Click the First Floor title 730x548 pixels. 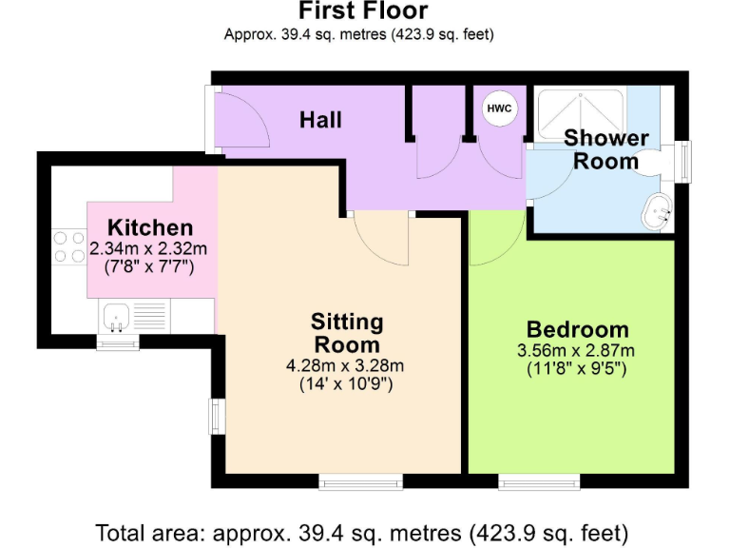363,11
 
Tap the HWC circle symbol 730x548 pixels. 499,108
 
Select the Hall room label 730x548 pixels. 320,120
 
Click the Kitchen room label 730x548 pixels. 150,228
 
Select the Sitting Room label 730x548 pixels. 347,333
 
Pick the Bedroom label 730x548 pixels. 577,330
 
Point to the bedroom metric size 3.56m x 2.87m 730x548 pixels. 577,350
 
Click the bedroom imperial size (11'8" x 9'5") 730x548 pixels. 577,368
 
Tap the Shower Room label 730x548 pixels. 605,149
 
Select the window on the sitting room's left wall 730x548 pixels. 216,416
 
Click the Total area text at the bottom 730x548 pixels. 362,530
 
